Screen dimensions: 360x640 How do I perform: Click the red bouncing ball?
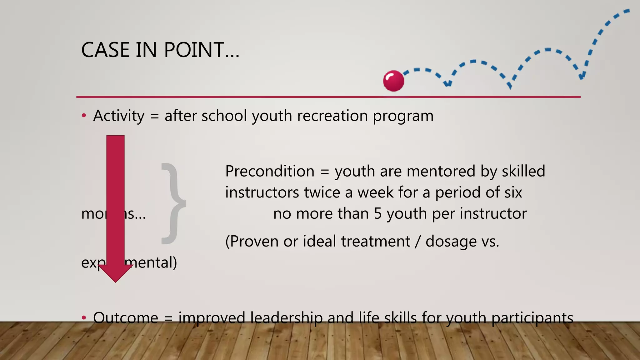pos(393,81)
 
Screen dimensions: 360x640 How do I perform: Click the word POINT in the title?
pos(193,50)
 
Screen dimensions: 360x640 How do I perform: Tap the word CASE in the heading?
pos(105,50)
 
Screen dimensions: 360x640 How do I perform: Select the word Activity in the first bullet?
pos(119,116)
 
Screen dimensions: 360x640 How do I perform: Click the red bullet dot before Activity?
pos(83,116)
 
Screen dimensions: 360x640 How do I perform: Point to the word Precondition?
pos(269,171)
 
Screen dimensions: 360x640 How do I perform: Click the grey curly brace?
pos(174,203)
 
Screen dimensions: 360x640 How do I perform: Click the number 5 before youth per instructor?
pos(378,214)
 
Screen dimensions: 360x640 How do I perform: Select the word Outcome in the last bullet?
pos(126,318)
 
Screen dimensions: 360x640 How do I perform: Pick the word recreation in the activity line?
pos(332,116)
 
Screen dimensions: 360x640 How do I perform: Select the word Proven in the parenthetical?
pos(254,242)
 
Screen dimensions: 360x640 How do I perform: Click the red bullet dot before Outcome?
pos(83,318)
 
